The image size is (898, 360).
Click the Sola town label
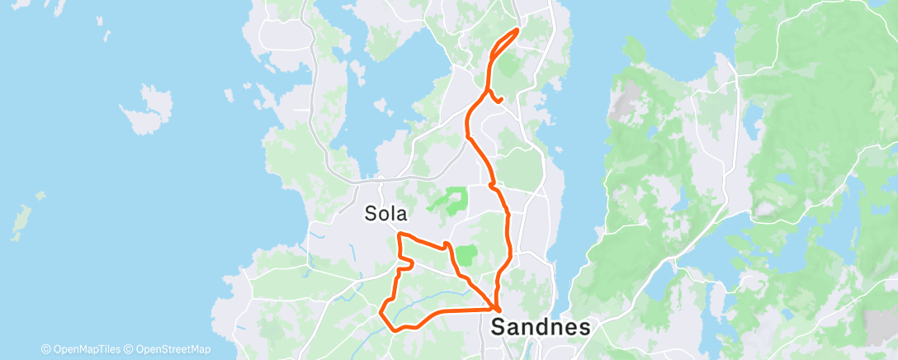coord(386,214)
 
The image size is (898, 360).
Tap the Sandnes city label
coord(541,326)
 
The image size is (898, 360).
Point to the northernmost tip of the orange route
coord(518,30)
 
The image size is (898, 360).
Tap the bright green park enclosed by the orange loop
coord(466,256)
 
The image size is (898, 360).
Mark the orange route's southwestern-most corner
coord(380,312)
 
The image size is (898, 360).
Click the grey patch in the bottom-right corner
coord(881,326)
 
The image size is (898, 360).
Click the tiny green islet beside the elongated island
coord(40,196)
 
